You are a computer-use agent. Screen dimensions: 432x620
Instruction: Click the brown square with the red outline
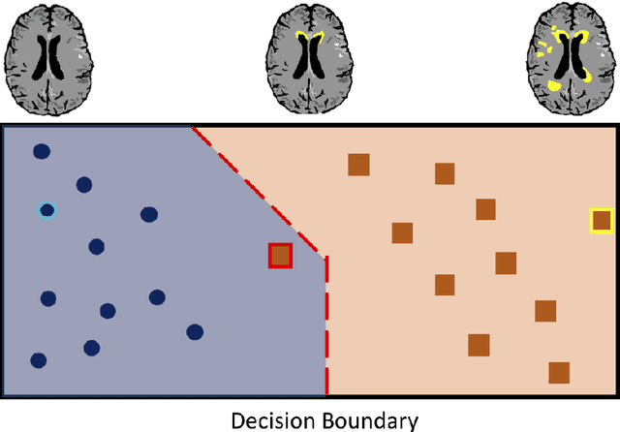click(280, 255)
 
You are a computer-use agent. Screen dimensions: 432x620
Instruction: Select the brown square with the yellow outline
click(602, 221)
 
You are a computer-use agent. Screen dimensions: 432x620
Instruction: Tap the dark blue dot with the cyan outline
click(46, 210)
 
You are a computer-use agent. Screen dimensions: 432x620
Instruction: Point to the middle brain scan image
click(310, 58)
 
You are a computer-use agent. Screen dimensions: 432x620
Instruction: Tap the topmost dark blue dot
click(42, 151)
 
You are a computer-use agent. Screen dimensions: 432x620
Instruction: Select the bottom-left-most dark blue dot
click(39, 360)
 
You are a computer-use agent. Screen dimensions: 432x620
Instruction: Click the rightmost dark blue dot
click(195, 332)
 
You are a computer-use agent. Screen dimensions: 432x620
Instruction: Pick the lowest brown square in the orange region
click(559, 373)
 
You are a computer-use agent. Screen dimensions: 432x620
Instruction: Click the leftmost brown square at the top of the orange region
click(358, 165)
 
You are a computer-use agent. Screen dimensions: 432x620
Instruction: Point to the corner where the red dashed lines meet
click(325, 257)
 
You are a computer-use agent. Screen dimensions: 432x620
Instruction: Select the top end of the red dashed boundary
click(193, 126)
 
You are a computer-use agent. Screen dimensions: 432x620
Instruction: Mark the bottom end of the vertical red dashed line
click(325, 392)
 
